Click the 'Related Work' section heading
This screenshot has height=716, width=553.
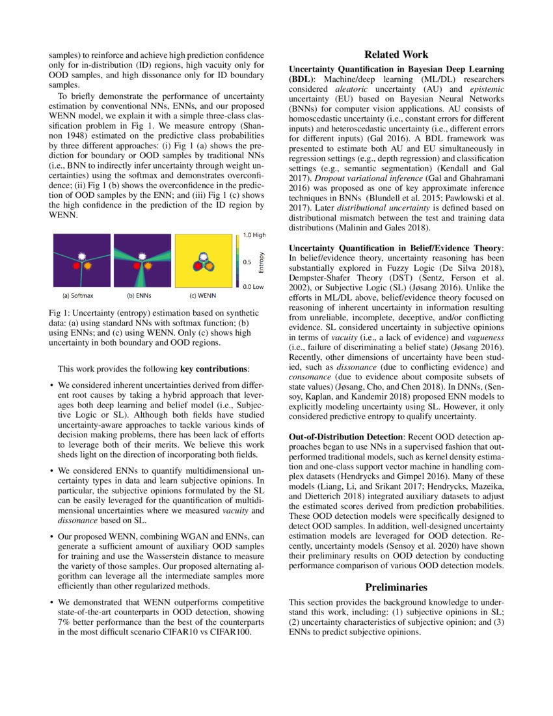pyautogui.click(x=396, y=55)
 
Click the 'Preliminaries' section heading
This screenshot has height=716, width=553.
pyautogui.click(x=396, y=587)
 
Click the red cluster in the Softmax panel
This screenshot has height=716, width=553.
pyautogui.click(x=77, y=266)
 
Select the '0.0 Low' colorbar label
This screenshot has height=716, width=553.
pyautogui.click(x=252, y=286)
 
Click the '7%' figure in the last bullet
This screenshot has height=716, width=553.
pyautogui.click(x=64, y=623)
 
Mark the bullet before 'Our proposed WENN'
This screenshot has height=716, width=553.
pyautogui.click(x=51, y=536)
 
